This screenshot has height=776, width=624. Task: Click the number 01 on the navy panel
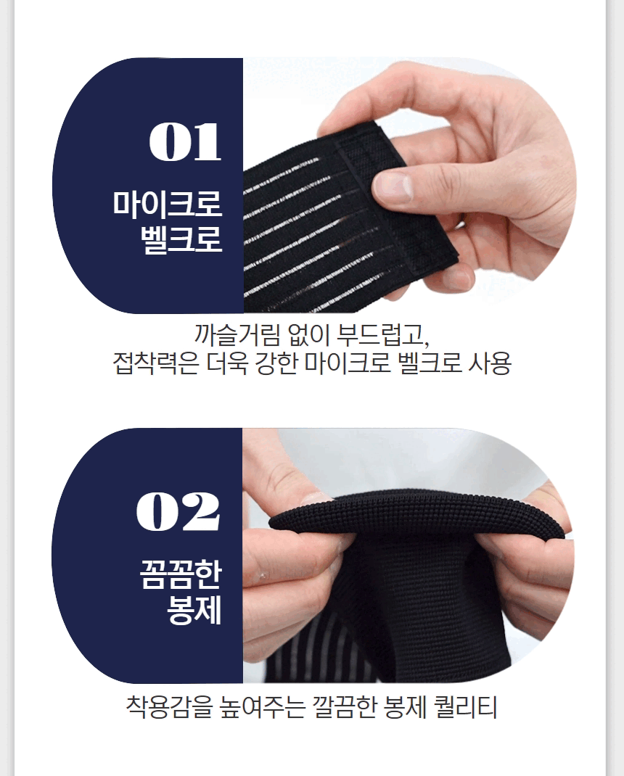pos(185,142)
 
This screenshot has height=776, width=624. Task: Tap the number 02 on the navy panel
pos(178,511)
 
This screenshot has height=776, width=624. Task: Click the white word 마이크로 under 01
pos(168,203)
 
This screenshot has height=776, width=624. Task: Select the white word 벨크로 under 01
pos(181,239)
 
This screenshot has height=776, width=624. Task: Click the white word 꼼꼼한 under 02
pos(181,574)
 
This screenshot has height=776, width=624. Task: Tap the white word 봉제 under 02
pos(194,610)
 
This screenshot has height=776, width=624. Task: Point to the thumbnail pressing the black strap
pos(393,187)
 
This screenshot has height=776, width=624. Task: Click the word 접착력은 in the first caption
pos(156,363)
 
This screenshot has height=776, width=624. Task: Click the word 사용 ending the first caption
pos(489,363)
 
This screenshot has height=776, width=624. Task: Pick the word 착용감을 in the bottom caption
pos(169,706)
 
